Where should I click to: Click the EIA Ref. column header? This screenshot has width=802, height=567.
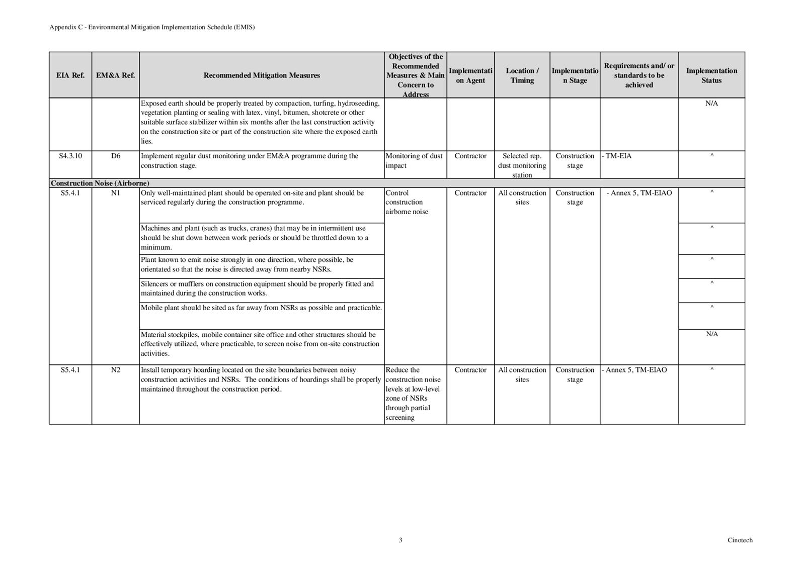click(x=70, y=75)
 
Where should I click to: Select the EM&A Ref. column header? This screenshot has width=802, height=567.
click(x=116, y=75)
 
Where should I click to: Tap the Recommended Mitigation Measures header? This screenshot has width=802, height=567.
click(x=262, y=75)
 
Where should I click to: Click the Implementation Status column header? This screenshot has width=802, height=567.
click(x=711, y=75)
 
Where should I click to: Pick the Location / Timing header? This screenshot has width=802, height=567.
click(x=522, y=75)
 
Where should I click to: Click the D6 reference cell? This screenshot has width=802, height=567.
click(x=116, y=156)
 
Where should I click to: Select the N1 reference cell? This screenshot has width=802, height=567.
click(x=116, y=193)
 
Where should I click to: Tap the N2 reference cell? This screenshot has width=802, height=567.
click(x=116, y=370)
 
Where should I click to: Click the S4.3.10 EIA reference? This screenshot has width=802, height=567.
click(x=70, y=156)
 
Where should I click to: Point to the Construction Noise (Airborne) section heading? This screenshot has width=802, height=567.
click(x=100, y=183)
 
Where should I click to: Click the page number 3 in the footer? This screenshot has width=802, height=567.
click(x=400, y=540)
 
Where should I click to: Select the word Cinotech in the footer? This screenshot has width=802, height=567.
click(x=740, y=540)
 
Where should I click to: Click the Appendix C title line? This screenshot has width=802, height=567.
click(x=152, y=27)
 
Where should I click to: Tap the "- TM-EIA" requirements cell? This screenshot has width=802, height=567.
click(x=617, y=156)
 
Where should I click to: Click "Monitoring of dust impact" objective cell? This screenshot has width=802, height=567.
click(x=414, y=161)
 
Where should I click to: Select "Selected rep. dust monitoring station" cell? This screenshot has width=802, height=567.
click(x=522, y=165)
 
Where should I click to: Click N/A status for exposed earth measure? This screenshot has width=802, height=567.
click(x=711, y=104)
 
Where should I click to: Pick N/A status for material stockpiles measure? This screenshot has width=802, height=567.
click(x=711, y=334)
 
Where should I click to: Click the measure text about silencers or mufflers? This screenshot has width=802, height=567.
click(x=257, y=289)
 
